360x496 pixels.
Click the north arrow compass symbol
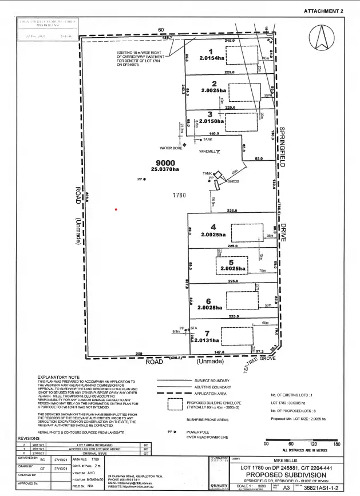[321, 39]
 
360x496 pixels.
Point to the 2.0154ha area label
[212, 58]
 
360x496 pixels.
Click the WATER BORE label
[170, 148]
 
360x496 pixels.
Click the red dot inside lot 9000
[116, 209]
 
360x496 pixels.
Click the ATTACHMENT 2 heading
[324, 11]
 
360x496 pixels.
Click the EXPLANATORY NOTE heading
[59, 378]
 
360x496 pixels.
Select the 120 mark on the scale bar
[312, 443]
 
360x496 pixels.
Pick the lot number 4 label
[212, 227]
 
